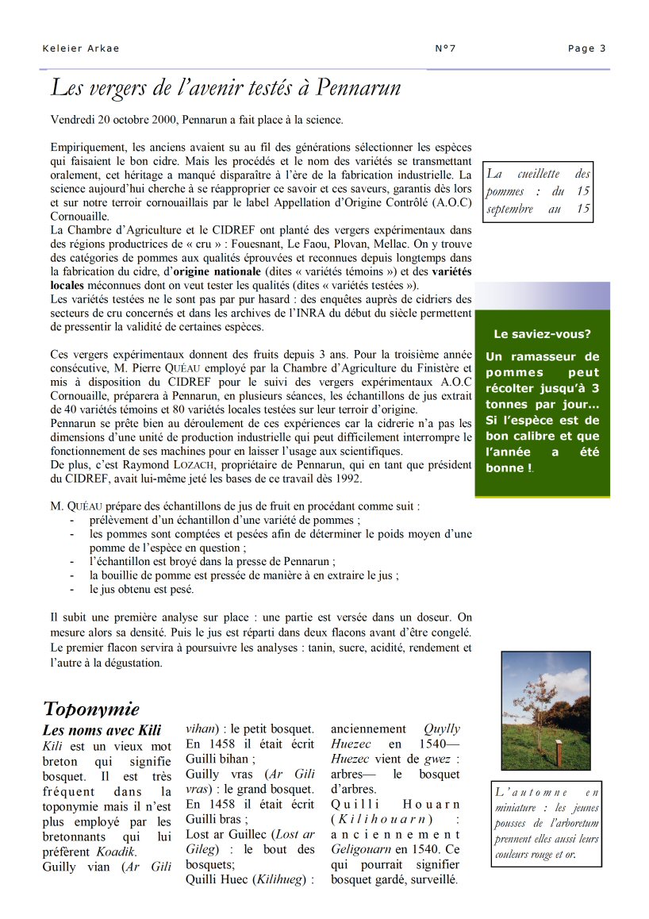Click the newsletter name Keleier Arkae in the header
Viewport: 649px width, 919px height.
point(80,48)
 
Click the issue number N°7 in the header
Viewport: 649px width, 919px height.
point(446,48)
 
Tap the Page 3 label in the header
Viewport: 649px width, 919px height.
point(587,48)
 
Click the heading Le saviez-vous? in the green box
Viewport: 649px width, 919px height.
point(542,334)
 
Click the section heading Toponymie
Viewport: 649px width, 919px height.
point(91,709)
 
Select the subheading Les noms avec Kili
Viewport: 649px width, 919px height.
point(102,729)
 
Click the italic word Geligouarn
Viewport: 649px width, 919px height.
point(362,849)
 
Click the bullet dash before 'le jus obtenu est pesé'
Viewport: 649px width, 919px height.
point(72,590)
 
